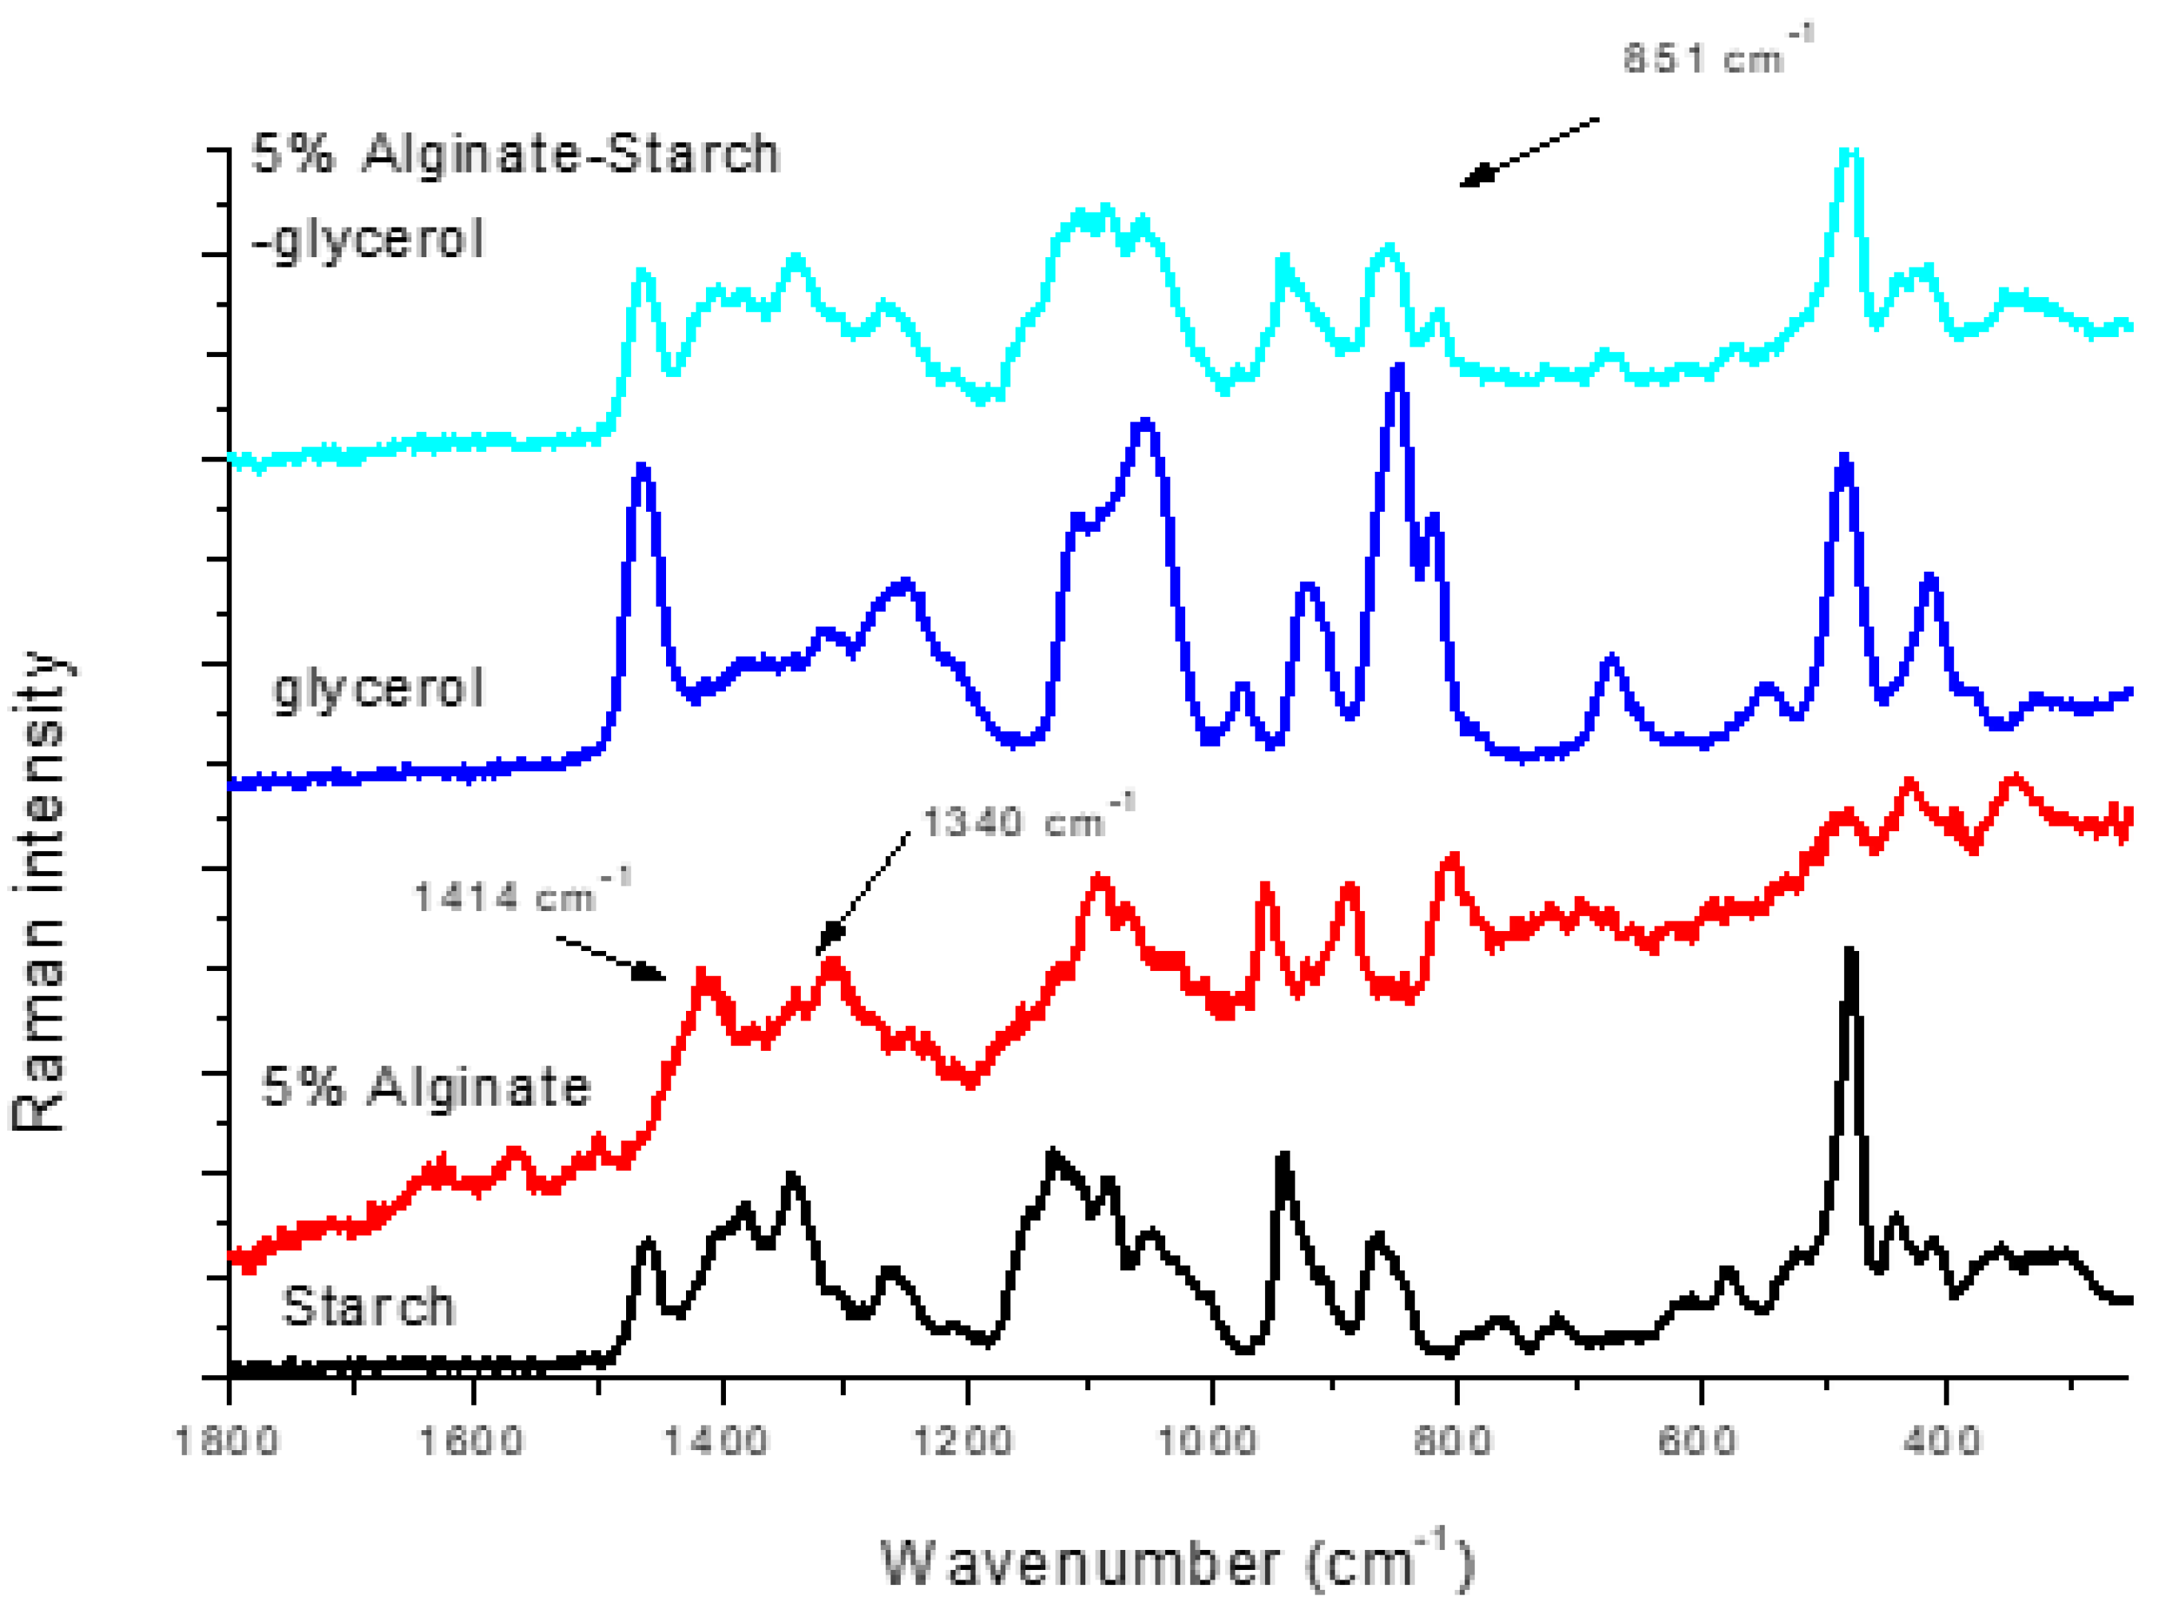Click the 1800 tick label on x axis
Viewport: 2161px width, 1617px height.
(227, 1441)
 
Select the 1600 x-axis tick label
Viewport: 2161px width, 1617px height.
(472, 1441)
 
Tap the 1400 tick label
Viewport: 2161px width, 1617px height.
(717, 1441)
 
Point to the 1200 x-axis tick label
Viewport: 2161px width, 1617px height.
(963, 1441)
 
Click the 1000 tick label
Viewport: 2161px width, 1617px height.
(1208, 1441)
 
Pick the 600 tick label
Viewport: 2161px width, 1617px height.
(1699, 1441)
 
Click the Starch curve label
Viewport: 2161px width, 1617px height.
(368, 1306)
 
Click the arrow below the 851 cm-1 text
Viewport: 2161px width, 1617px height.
(1529, 152)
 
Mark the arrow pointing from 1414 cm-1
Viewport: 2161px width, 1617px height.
(612, 958)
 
